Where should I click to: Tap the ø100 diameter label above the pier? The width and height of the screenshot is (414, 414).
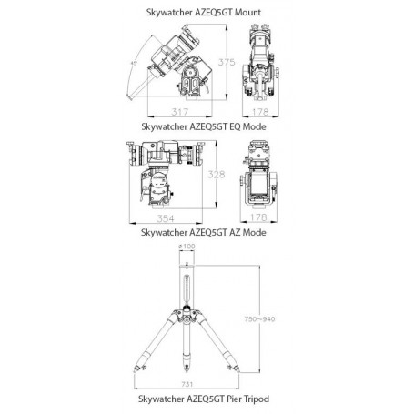tap(187, 247)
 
